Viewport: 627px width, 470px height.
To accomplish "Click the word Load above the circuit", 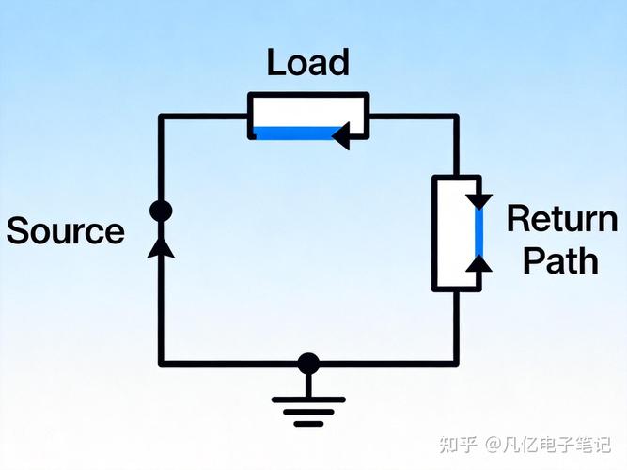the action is pyautogui.click(x=308, y=62).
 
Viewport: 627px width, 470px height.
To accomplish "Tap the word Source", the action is pyautogui.click(x=66, y=231).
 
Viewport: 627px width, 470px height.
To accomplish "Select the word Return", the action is pyautogui.click(x=562, y=218).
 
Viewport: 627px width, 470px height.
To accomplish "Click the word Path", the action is pyautogui.click(x=560, y=260).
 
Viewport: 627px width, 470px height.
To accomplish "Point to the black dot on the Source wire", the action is pyautogui.click(x=161, y=211).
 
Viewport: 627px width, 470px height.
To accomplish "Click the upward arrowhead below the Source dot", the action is pyautogui.click(x=161, y=247).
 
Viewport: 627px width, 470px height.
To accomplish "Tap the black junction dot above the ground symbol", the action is pyautogui.click(x=308, y=364).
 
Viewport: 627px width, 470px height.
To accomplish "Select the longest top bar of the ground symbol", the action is pyautogui.click(x=308, y=399).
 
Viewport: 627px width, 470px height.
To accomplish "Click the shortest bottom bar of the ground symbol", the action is pyautogui.click(x=308, y=424).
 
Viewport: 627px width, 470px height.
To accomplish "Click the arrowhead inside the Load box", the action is pyautogui.click(x=341, y=136).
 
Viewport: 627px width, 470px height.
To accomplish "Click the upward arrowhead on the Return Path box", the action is pyautogui.click(x=478, y=263).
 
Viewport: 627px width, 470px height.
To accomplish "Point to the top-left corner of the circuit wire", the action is pyautogui.click(x=161, y=117).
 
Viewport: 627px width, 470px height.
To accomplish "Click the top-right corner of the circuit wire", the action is pyautogui.click(x=456, y=117).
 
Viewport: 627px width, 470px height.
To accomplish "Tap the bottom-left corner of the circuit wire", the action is pyautogui.click(x=161, y=364).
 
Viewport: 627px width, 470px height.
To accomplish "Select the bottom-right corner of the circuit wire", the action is pyautogui.click(x=456, y=364).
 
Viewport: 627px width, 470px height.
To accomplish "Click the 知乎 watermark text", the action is pyautogui.click(x=458, y=445).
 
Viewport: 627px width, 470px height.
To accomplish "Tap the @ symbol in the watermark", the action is pyautogui.click(x=494, y=445).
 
